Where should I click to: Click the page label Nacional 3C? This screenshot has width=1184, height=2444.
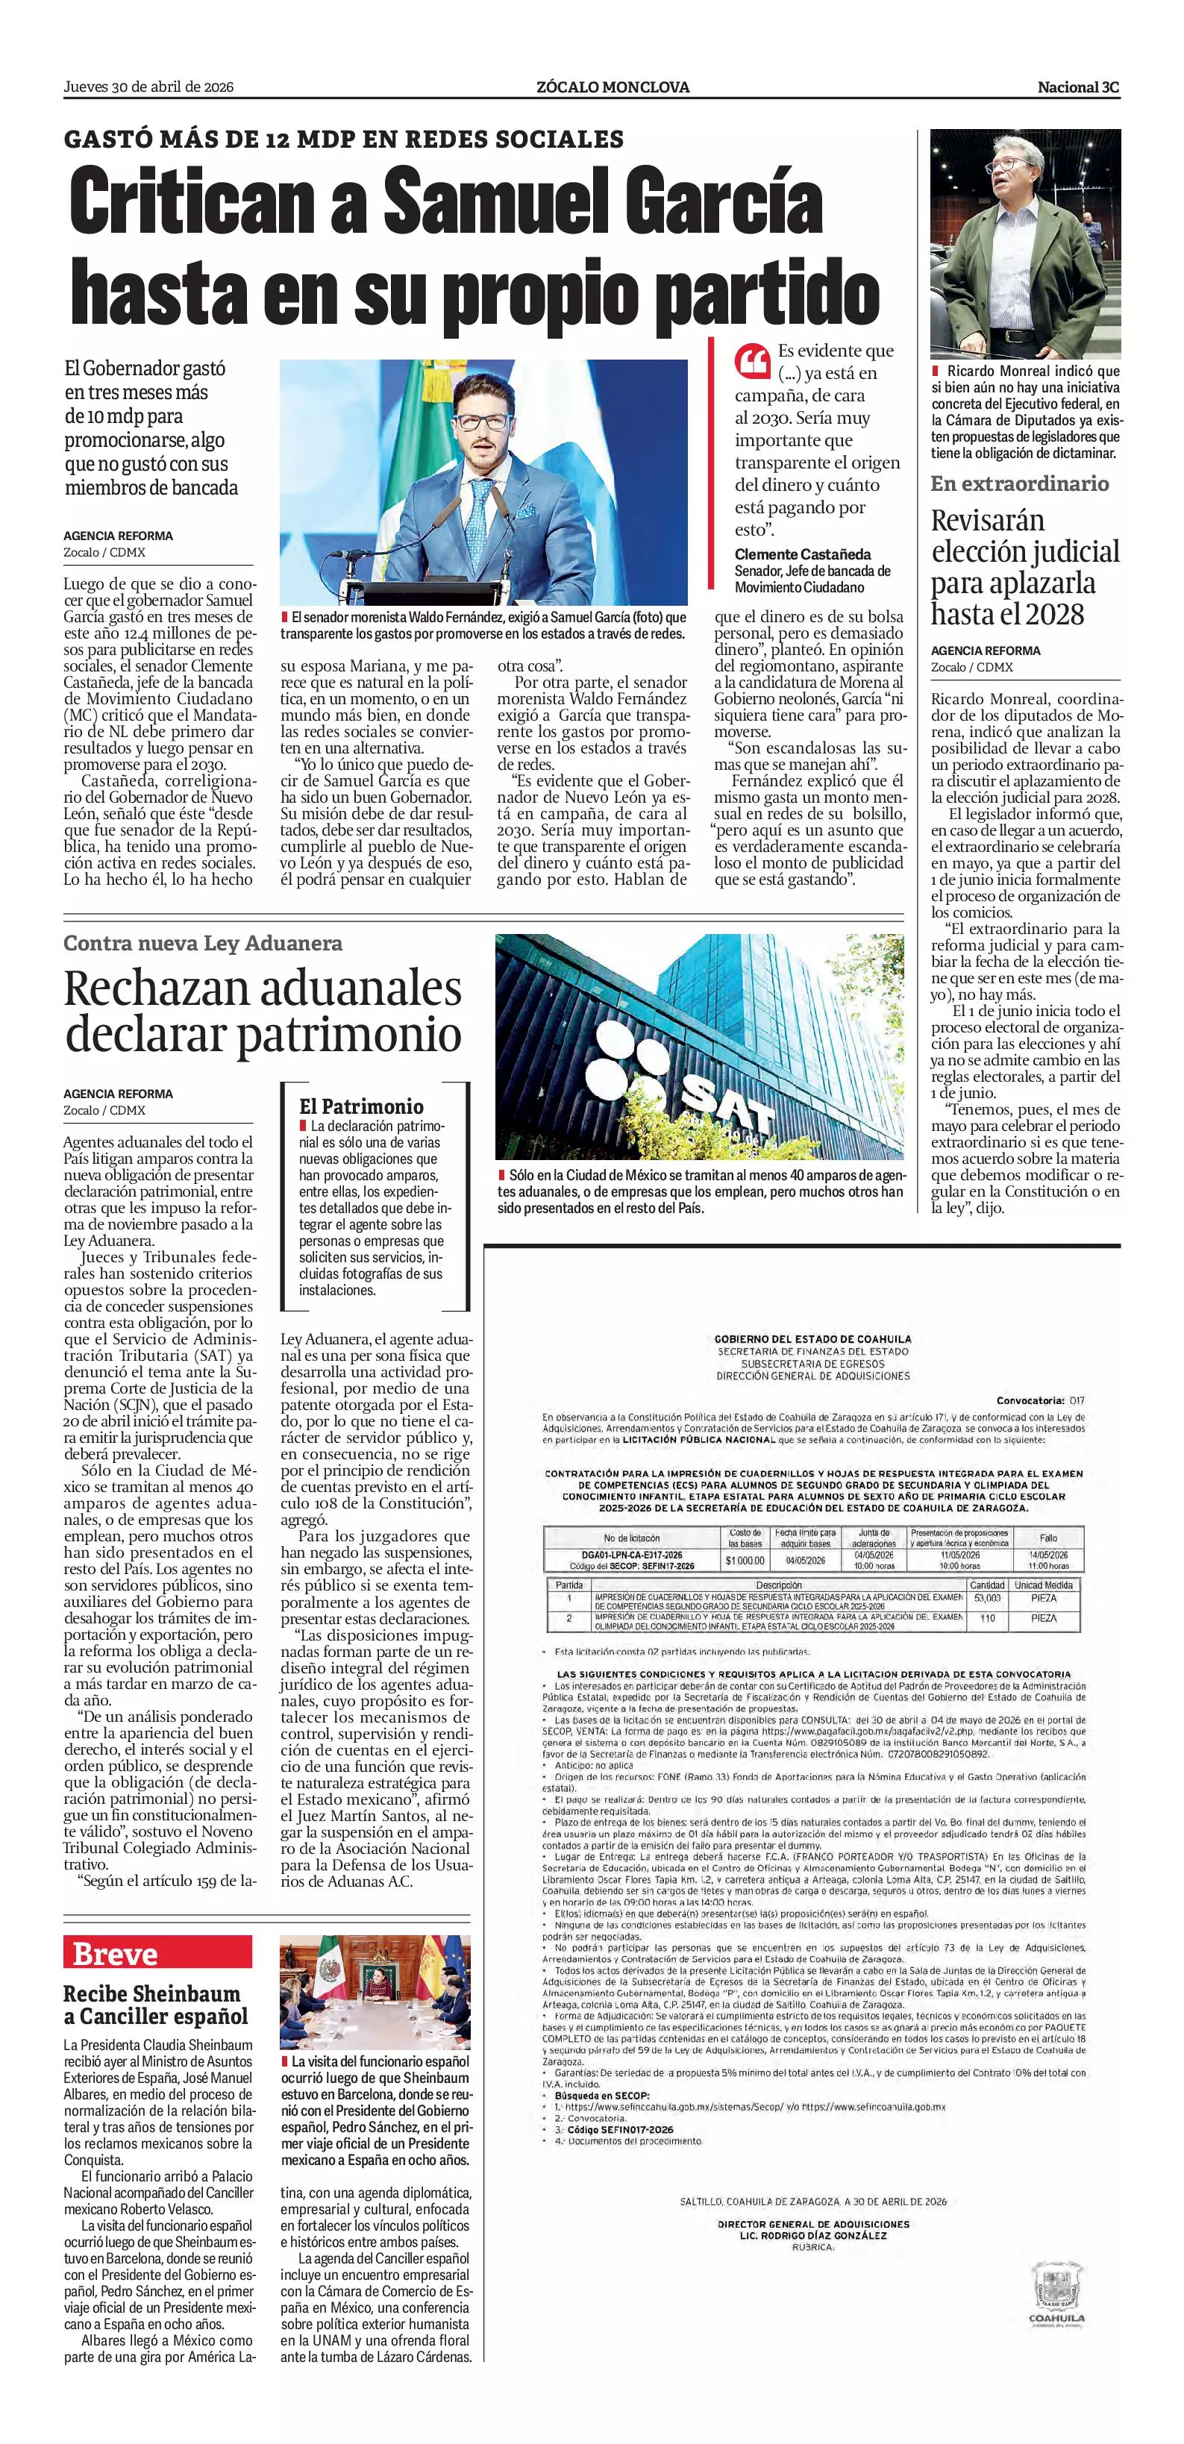coord(1078,87)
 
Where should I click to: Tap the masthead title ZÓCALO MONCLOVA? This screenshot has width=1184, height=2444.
coord(612,87)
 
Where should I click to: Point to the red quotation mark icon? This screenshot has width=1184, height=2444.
coord(752,362)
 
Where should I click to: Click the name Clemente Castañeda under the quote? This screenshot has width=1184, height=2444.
coord(803,554)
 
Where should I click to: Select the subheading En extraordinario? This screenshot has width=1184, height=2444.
coord(1019,484)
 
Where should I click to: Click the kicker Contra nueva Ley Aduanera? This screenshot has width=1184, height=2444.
coord(203,944)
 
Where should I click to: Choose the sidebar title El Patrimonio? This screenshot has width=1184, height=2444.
coord(360,1106)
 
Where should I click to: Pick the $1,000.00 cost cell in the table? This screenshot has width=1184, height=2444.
coord(745,1560)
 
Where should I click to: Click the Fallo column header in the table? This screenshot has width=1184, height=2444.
coord(1047,1537)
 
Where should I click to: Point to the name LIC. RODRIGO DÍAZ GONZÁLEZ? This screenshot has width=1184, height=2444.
coord(813,2235)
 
